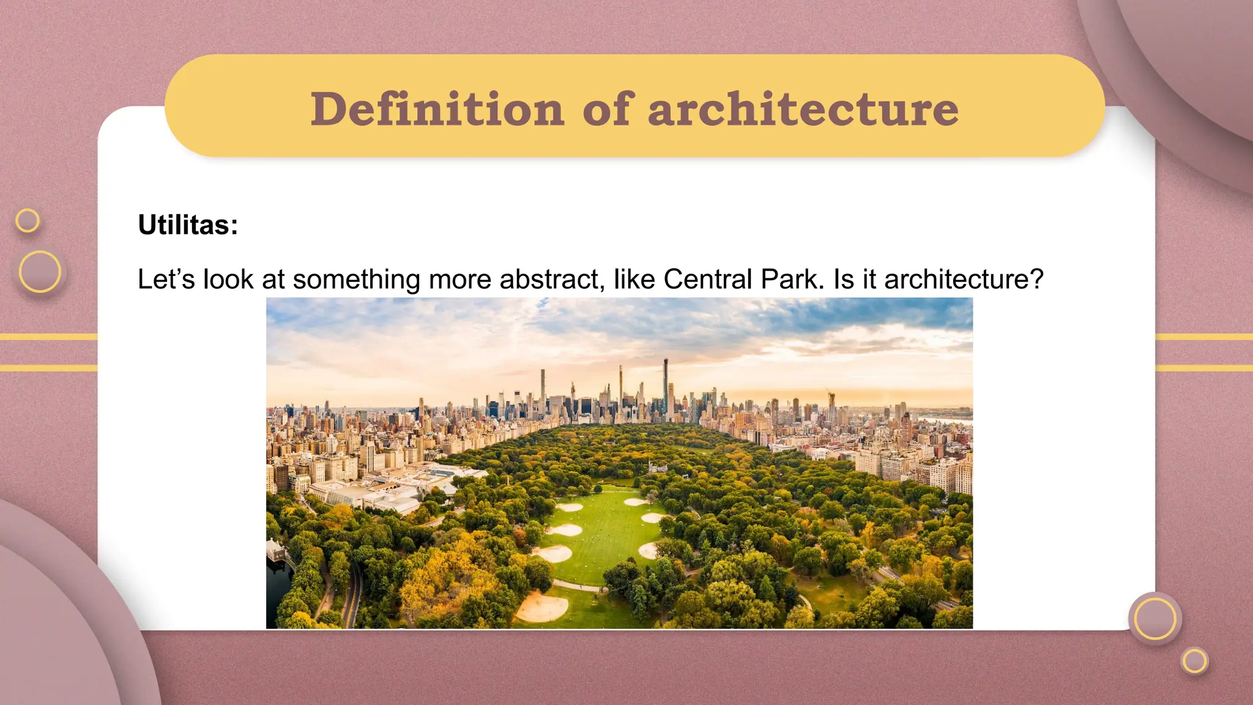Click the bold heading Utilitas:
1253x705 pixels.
tap(188, 225)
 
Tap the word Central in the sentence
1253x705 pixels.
tap(707, 279)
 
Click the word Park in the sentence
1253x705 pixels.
tap(792, 279)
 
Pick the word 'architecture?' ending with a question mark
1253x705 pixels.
tap(964, 279)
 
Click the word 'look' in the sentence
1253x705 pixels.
tap(228, 279)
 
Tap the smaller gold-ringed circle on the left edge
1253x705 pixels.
tap(28, 220)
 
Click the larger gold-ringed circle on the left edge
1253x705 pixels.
tap(40, 271)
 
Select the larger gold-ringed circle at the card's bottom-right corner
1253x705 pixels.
tap(1154, 619)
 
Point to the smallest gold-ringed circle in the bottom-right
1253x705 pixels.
tap(1194, 661)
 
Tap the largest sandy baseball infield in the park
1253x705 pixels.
tap(542, 607)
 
